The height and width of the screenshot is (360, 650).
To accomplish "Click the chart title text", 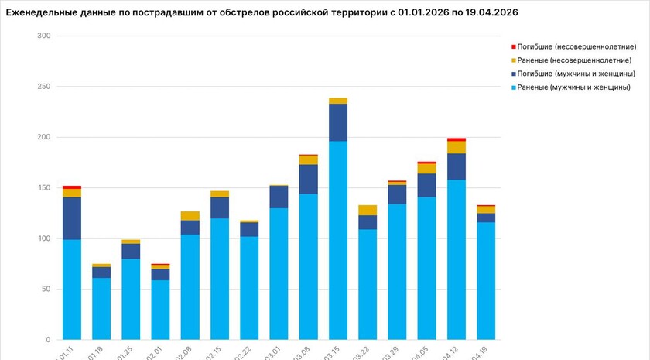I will click(262, 12).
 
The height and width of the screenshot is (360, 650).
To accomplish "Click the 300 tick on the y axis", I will click(43, 36).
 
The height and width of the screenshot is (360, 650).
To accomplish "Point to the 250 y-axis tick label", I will click(43, 87).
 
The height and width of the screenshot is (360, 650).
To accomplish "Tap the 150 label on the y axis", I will click(43, 188).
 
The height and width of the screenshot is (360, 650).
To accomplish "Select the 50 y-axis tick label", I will click(46, 290).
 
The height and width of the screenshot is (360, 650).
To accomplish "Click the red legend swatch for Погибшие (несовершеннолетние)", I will click(513, 47).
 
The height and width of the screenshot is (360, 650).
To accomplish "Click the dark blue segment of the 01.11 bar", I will click(72, 218).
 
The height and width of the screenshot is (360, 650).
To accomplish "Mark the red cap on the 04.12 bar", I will click(457, 139).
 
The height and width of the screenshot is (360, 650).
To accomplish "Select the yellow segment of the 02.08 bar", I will click(190, 216).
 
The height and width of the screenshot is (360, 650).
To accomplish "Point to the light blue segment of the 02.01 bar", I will click(160, 310).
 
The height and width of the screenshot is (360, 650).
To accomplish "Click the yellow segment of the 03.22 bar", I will click(368, 210).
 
